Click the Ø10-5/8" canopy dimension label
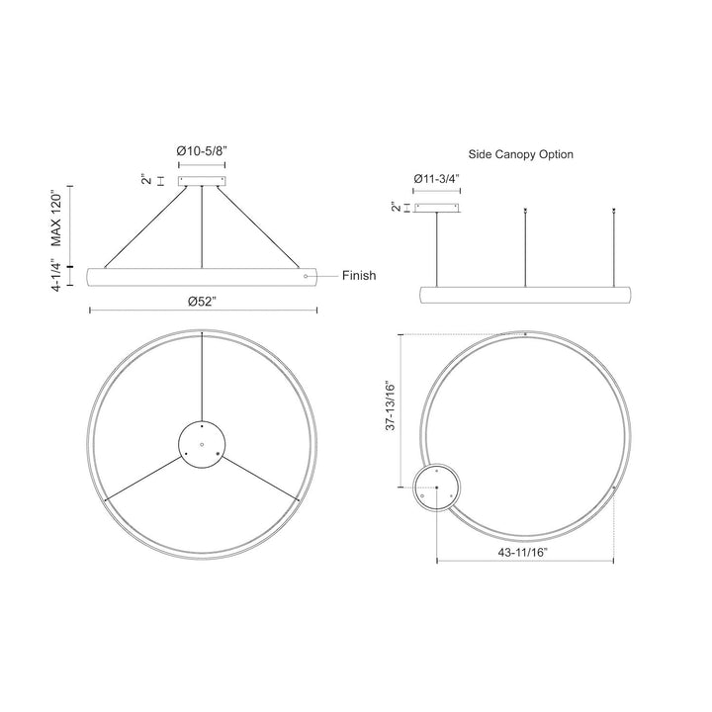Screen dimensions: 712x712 (x=202, y=149)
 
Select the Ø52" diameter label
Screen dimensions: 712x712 (x=203, y=302)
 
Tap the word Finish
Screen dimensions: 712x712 (x=359, y=276)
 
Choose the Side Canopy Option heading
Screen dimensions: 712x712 (x=520, y=155)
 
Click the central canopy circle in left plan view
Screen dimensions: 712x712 (x=202, y=446)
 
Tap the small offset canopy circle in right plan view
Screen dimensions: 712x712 (x=435, y=488)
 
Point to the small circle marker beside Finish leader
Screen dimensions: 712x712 (x=306, y=276)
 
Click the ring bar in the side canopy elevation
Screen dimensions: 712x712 (x=525, y=296)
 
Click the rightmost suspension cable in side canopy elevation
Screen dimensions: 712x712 (x=613, y=247)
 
